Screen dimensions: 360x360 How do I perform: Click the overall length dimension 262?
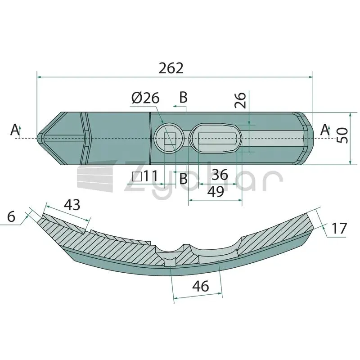171,68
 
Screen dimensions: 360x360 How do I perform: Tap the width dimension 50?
342,136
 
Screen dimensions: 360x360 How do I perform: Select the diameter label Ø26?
145,98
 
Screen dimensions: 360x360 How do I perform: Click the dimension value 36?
220,175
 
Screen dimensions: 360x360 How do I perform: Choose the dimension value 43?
72,205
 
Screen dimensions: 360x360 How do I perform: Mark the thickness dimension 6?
11,216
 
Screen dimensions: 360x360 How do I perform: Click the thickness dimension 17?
339,228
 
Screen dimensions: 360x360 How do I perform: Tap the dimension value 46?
201,286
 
